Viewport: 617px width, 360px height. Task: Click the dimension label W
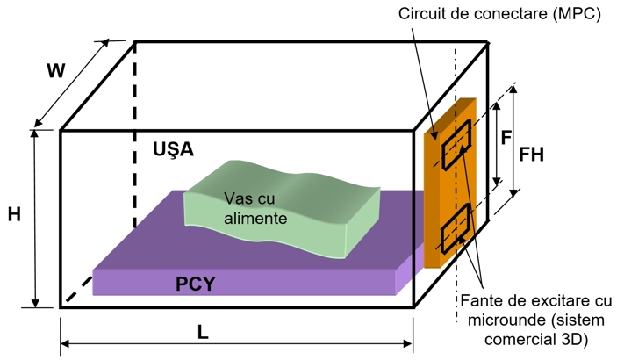coord(56,71)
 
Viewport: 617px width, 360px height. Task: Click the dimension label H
coord(15,213)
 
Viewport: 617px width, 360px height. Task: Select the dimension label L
coord(204,335)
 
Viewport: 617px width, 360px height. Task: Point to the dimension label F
coord(506,139)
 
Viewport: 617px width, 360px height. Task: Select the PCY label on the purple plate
coord(196,284)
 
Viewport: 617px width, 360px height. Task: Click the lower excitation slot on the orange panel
coord(456,227)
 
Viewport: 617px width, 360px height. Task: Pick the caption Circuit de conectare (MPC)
coord(499,15)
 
